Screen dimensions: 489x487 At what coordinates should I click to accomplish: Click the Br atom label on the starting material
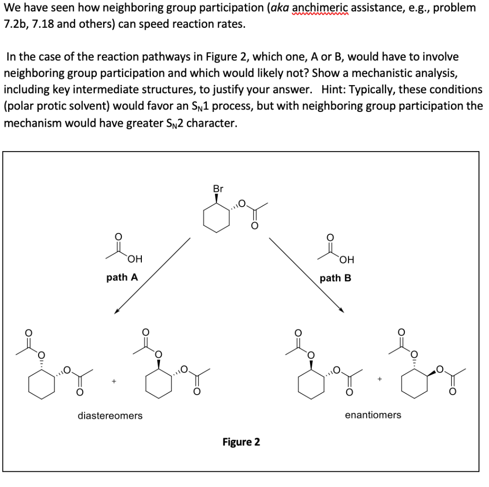(x=218, y=188)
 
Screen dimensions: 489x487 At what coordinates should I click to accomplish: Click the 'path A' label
(x=122, y=277)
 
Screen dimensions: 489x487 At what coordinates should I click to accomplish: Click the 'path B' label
(x=335, y=278)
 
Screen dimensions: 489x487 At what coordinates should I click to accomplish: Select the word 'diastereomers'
(x=110, y=415)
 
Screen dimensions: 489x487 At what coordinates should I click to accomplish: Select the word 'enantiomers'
(x=373, y=415)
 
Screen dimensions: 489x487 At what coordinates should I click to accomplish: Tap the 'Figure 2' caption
(x=241, y=442)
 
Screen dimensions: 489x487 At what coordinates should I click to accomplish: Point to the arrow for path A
(x=152, y=276)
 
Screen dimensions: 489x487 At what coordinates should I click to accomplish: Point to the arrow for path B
(x=307, y=276)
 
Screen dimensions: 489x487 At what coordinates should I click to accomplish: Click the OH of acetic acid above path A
(x=135, y=259)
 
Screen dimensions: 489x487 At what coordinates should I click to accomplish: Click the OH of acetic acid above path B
(x=347, y=260)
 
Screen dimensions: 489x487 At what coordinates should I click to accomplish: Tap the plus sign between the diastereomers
(x=114, y=381)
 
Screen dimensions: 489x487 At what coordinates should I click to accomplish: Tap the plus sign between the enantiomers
(x=380, y=379)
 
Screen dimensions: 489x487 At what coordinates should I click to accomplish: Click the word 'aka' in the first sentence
(x=280, y=8)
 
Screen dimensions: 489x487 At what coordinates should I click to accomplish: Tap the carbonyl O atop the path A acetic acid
(x=118, y=236)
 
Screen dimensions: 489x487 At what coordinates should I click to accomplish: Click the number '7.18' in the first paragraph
(x=43, y=24)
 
